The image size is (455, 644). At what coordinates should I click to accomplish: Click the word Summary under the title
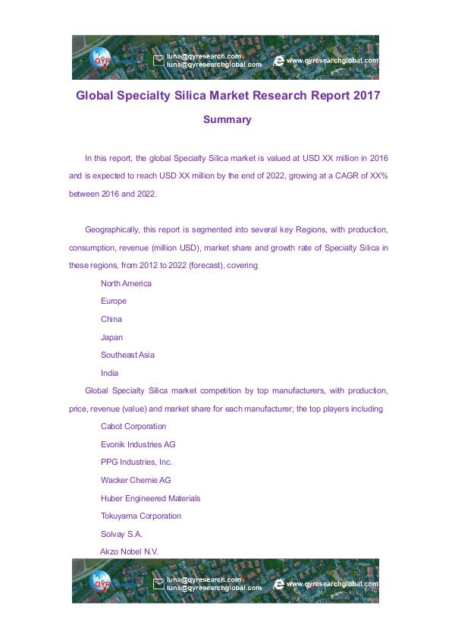point(227,120)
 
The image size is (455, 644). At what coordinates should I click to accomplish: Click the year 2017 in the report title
point(361,96)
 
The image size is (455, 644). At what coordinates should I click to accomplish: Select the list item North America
point(126,283)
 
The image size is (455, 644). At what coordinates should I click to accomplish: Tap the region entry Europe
point(114,301)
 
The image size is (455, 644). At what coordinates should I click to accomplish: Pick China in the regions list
point(111,319)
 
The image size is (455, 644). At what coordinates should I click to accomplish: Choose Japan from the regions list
point(111,337)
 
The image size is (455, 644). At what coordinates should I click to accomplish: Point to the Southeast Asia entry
point(127,355)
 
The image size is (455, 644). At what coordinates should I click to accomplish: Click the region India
point(110,373)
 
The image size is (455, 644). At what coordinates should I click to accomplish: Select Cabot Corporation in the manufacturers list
point(133,427)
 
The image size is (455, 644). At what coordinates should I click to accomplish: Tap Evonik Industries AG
point(138,444)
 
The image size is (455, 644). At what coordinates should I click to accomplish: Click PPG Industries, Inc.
point(136,462)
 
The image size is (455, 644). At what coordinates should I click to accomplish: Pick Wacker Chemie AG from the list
point(136,480)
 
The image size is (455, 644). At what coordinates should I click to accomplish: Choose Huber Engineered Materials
point(151,498)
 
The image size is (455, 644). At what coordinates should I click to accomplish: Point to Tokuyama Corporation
point(141,516)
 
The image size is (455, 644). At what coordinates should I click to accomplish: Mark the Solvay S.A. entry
point(121,534)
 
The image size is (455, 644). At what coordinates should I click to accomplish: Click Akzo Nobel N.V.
point(129,551)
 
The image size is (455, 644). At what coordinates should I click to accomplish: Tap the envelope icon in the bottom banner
point(158,584)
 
